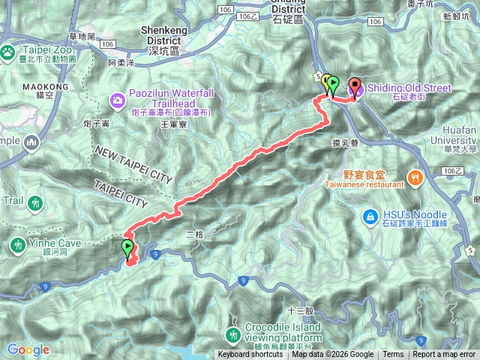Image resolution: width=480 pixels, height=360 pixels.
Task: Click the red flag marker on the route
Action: click(355, 85)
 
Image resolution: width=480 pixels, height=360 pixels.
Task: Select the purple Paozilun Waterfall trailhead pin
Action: click(117, 99)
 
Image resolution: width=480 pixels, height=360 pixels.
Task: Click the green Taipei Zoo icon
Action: click(7, 52)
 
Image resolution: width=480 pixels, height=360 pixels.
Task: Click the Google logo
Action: click(28, 349)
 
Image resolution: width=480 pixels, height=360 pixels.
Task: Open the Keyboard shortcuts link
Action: click(250, 355)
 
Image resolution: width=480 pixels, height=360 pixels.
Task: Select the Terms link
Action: click(393, 355)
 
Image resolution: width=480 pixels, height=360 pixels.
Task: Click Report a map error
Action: click(444, 355)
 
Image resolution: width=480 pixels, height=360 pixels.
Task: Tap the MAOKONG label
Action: click(50, 87)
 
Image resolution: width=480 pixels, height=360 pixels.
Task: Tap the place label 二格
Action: click(194, 234)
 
